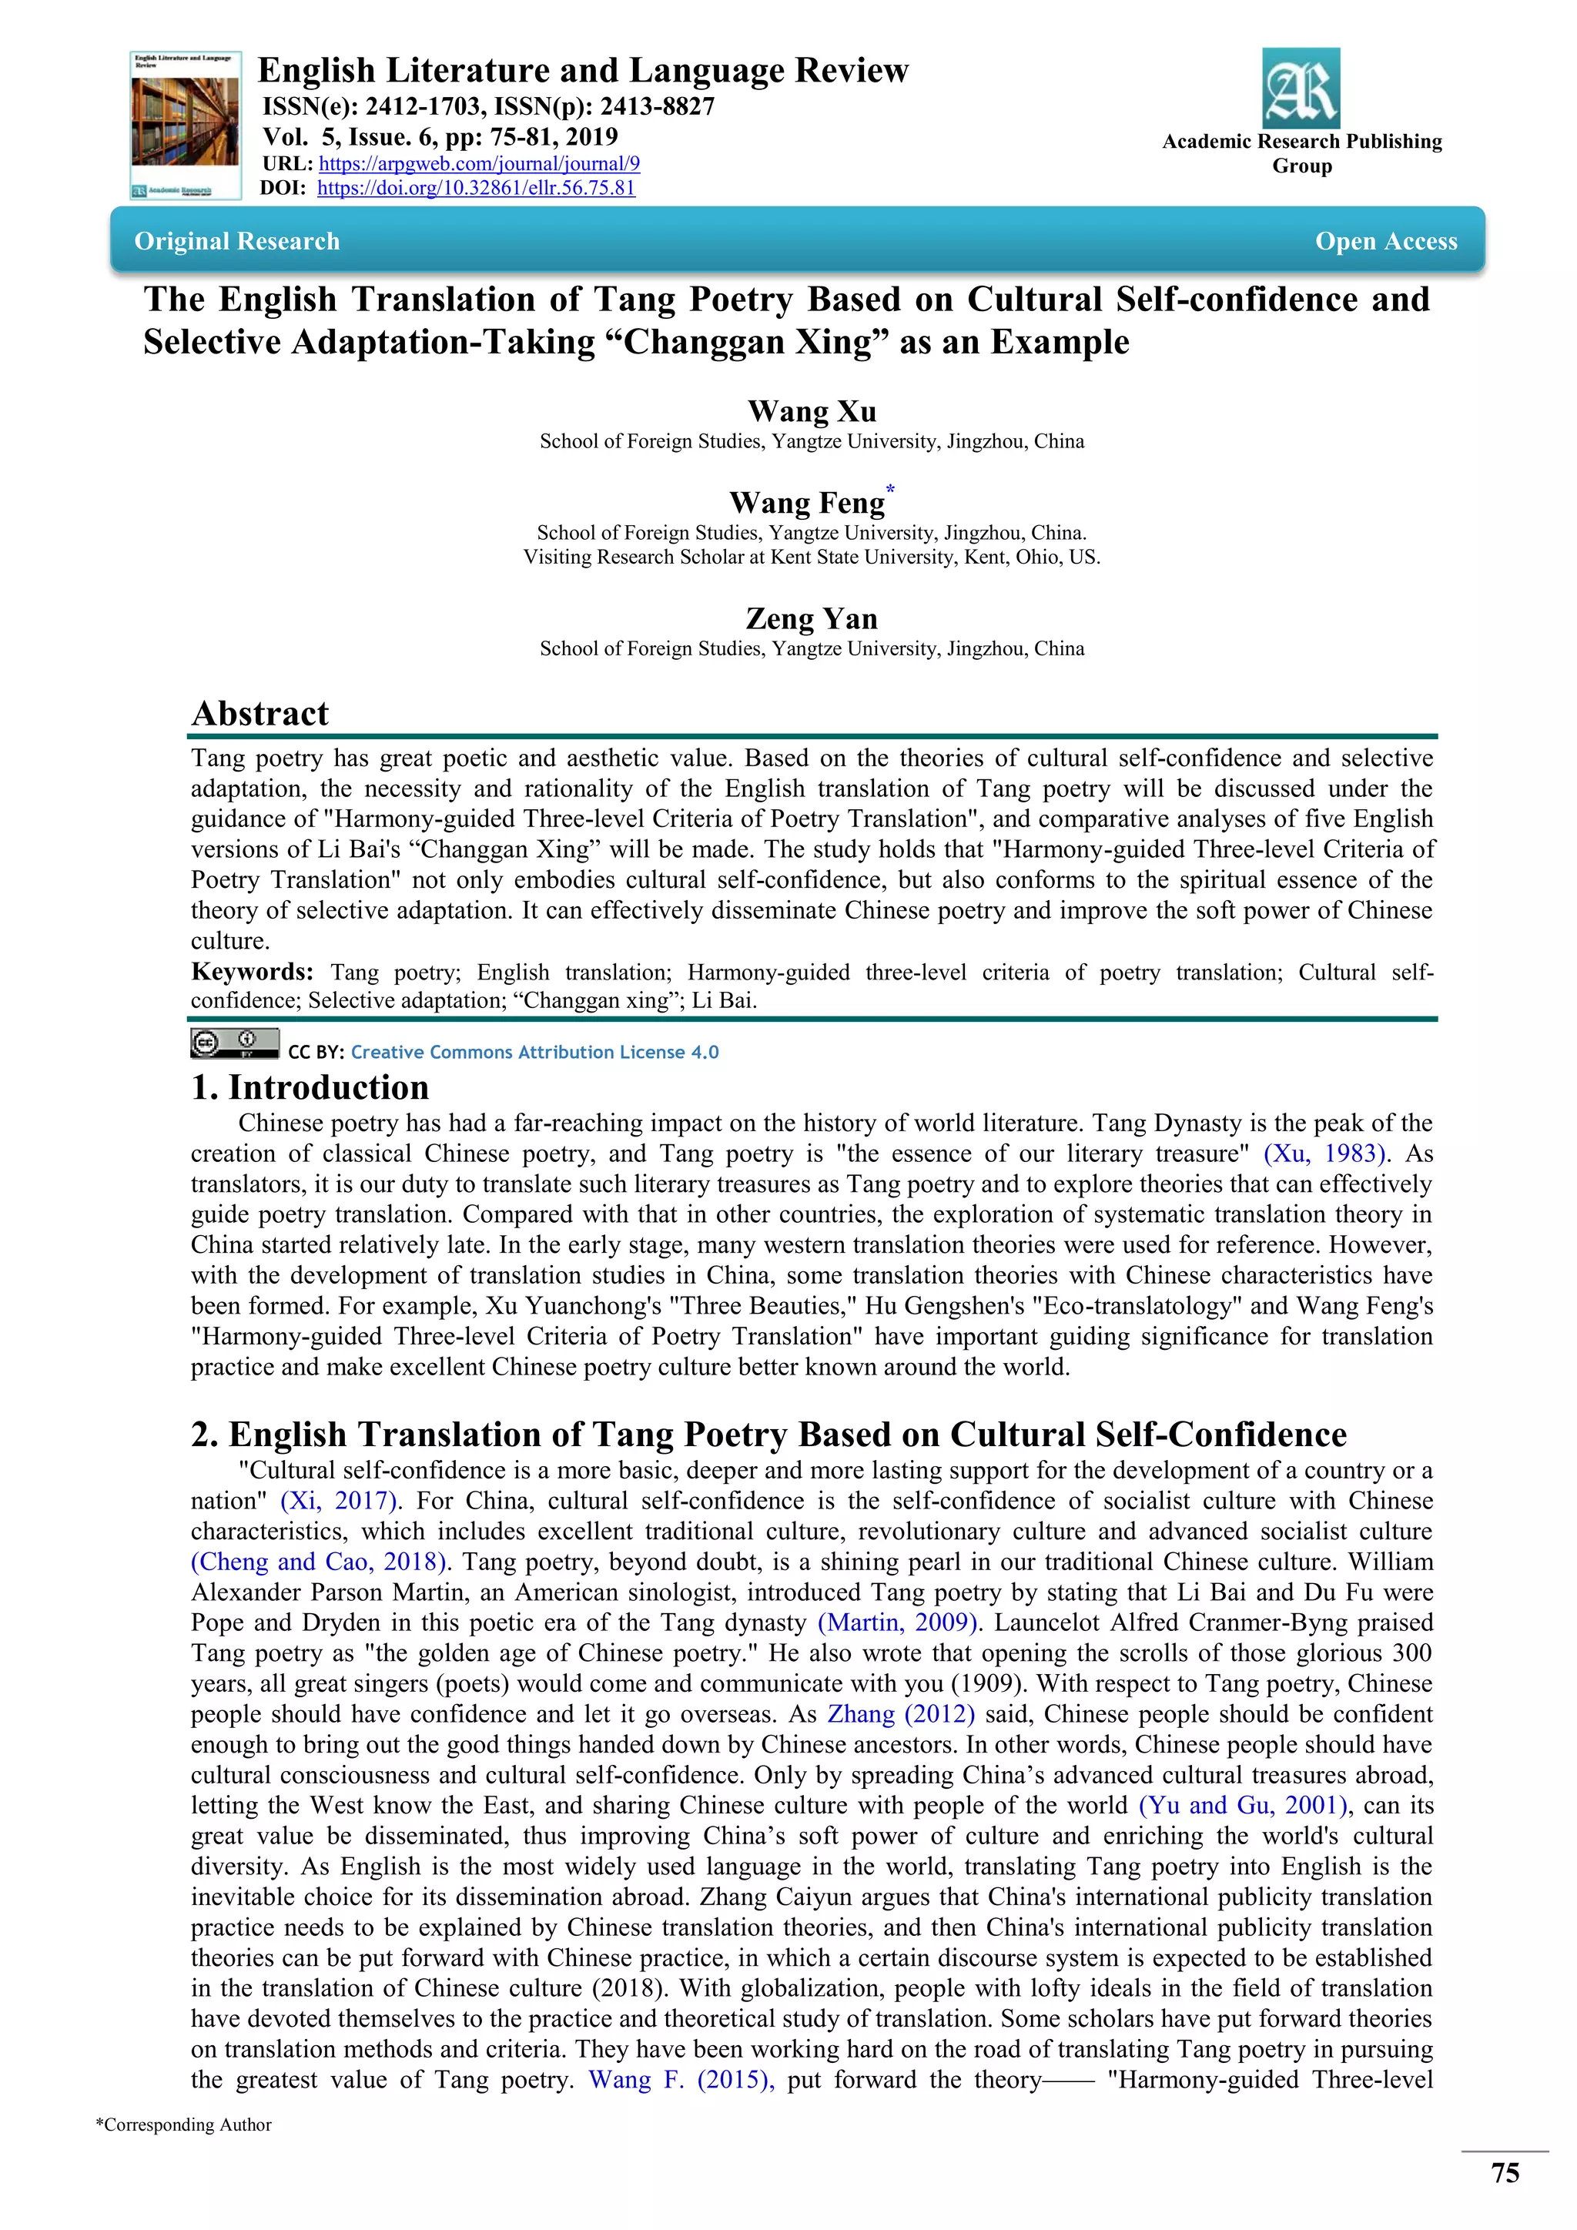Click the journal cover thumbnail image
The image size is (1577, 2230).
(x=186, y=126)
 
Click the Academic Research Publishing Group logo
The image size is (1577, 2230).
(x=1301, y=89)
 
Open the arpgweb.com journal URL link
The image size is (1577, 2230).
(x=479, y=164)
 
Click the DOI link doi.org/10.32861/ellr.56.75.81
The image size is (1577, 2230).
(x=476, y=189)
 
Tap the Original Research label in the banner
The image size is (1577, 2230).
(x=237, y=241)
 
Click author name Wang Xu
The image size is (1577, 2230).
(x=811, y=411)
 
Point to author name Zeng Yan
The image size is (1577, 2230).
(x=811, y=618)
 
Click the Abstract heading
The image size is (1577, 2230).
(x=260, y=713)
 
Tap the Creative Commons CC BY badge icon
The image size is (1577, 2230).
(x=234, y=1044)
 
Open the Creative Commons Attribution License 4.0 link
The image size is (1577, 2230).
(x=534, y=1052)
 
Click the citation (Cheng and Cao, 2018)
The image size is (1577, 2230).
(x=320, y=1562)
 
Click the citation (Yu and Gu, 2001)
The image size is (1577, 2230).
(x=1244, y=1806)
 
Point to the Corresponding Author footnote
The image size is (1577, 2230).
(x=183, y=2125)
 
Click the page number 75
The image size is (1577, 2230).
(x=1504, y=2173)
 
